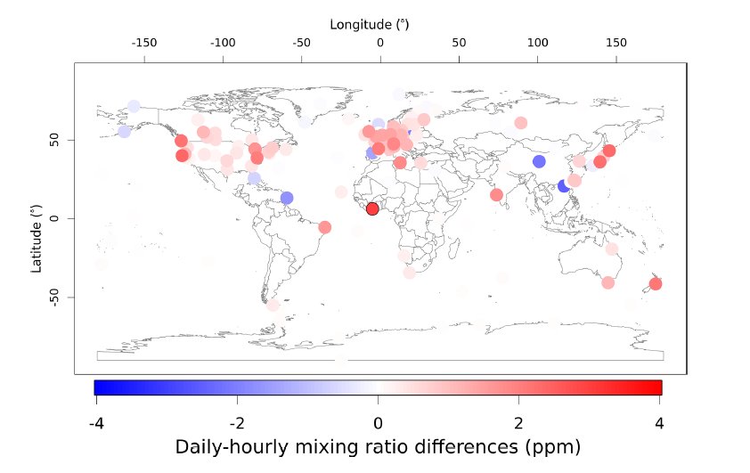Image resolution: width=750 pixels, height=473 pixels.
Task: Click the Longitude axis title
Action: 370,24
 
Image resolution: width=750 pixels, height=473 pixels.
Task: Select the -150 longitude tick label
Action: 144,43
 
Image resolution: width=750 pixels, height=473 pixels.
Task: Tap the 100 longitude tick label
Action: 537,43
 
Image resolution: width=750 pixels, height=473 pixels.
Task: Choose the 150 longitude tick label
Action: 615,43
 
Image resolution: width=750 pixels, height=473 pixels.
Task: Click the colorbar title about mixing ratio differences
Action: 378,445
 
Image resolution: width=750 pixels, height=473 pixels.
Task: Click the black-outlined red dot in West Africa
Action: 372,208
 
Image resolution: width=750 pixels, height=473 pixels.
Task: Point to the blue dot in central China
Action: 539,161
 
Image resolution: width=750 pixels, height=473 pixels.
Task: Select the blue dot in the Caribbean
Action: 287,198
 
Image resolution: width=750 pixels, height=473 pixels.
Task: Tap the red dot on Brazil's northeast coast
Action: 324,227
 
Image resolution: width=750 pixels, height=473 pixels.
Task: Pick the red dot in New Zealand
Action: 656,284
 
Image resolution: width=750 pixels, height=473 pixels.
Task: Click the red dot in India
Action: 497,195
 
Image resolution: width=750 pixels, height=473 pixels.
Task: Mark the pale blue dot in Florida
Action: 255,178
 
